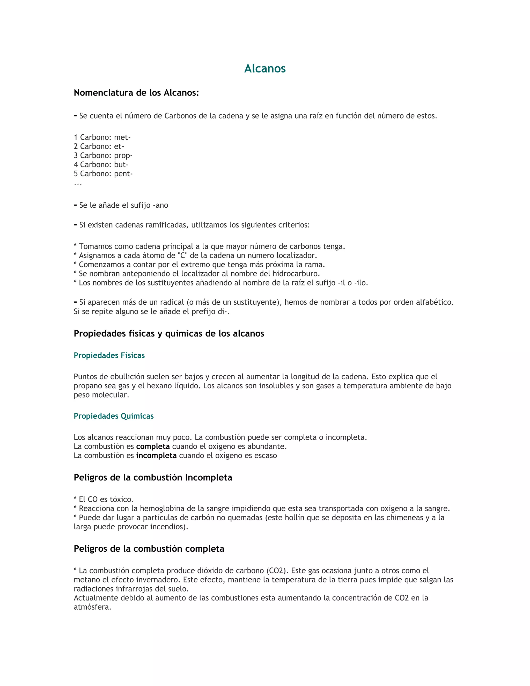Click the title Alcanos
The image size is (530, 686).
(x=265, y=69)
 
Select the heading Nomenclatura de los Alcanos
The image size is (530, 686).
(x=136, y=93)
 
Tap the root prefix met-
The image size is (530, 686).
(x=122, y=137)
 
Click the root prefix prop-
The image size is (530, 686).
(x=123, y=156)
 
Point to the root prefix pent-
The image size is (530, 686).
(x=123, y=174)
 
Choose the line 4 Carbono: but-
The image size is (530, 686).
(x=101, y=165)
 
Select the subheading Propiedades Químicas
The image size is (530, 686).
(x=114, y=416)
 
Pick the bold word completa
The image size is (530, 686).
(x=153, y=446)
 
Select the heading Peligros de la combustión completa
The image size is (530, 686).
(x=149, y=549)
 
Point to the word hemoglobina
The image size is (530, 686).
(x=162, y=508)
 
